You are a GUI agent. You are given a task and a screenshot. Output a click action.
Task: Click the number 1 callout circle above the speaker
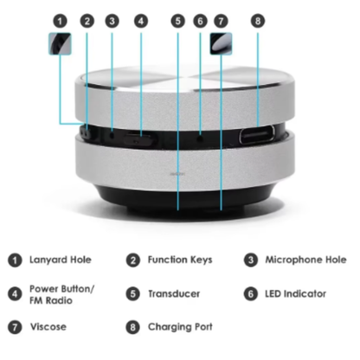click(x=60, y=21)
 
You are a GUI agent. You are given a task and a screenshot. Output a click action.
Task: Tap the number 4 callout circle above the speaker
click(x=141, y=21)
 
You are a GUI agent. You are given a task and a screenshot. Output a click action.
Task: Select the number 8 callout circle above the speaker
click(x=258, y=21)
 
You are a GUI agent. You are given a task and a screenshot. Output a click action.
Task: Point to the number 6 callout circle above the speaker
click(x=200, y=21)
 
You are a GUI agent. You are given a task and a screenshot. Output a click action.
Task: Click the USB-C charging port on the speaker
click(x=256, y=135)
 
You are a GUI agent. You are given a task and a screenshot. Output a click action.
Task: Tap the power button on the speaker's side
click(x=140, y=138)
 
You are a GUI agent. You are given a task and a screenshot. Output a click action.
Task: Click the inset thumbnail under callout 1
click(x=60, y=43)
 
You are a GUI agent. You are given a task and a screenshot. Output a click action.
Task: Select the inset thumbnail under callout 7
click(x=221, y=43)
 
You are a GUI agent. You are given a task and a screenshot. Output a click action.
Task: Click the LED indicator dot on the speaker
click(x=200, y=138)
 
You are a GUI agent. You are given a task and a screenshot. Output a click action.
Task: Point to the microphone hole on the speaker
click(x=112, y=134)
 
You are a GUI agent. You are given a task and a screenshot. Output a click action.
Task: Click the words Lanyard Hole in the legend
click(x=61, y=260)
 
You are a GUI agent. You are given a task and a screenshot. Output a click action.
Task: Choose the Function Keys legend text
click(x=180, y=260)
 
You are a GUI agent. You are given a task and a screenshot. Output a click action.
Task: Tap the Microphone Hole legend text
click(x=305, y=260)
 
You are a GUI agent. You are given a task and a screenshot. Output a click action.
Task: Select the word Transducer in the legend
click(x=174, y=294)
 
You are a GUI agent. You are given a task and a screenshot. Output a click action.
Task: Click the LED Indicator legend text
click(x=296, y=294)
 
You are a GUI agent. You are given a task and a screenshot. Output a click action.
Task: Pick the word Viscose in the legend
click(x=48, y=327)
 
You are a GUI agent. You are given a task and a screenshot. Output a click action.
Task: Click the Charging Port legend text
click(x=180, y=327)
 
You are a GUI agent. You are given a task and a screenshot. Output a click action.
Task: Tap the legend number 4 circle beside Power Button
click(x=15, y=294)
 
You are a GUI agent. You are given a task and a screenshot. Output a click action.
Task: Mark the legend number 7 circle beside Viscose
click(x=15, y=327)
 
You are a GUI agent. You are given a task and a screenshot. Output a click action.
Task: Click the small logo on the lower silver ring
click(x=177, y=174)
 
